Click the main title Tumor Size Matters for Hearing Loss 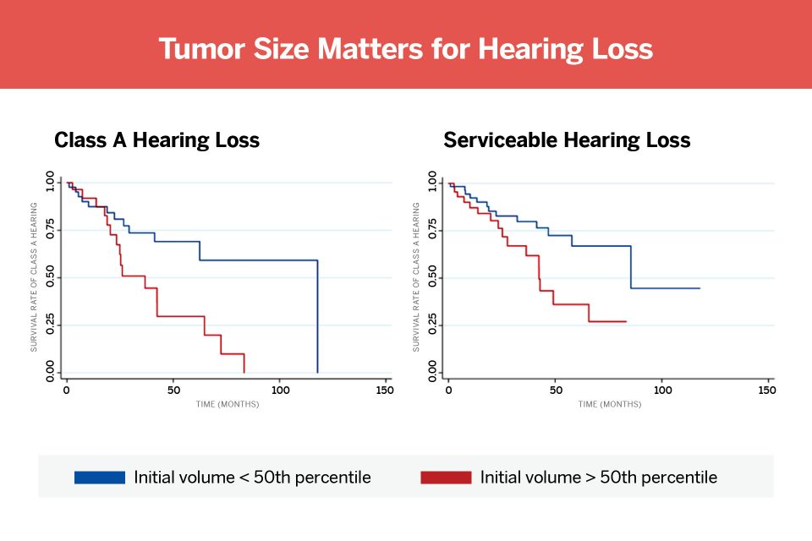tap(406, 48)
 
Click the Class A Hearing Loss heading tap(156, 140)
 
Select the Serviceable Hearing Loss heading tap(567, 140)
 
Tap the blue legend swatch tap(100, 478)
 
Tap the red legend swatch tap(446, 478)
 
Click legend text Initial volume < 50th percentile tap(252, 478)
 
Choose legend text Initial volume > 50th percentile tap(598, 478)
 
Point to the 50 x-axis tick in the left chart tap(173, 391)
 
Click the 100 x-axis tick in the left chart tap(279, 391)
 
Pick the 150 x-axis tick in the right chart tap(767, 391)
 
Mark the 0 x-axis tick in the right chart tap(448, 391)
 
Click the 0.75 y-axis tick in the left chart tap(49, 230)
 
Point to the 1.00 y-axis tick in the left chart tap(49, 183)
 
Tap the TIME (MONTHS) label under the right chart tap(610, 404)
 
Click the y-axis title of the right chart tap(416, 277)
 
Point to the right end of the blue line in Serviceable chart tap(700, 288)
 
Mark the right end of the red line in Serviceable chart tap(626, 321)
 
